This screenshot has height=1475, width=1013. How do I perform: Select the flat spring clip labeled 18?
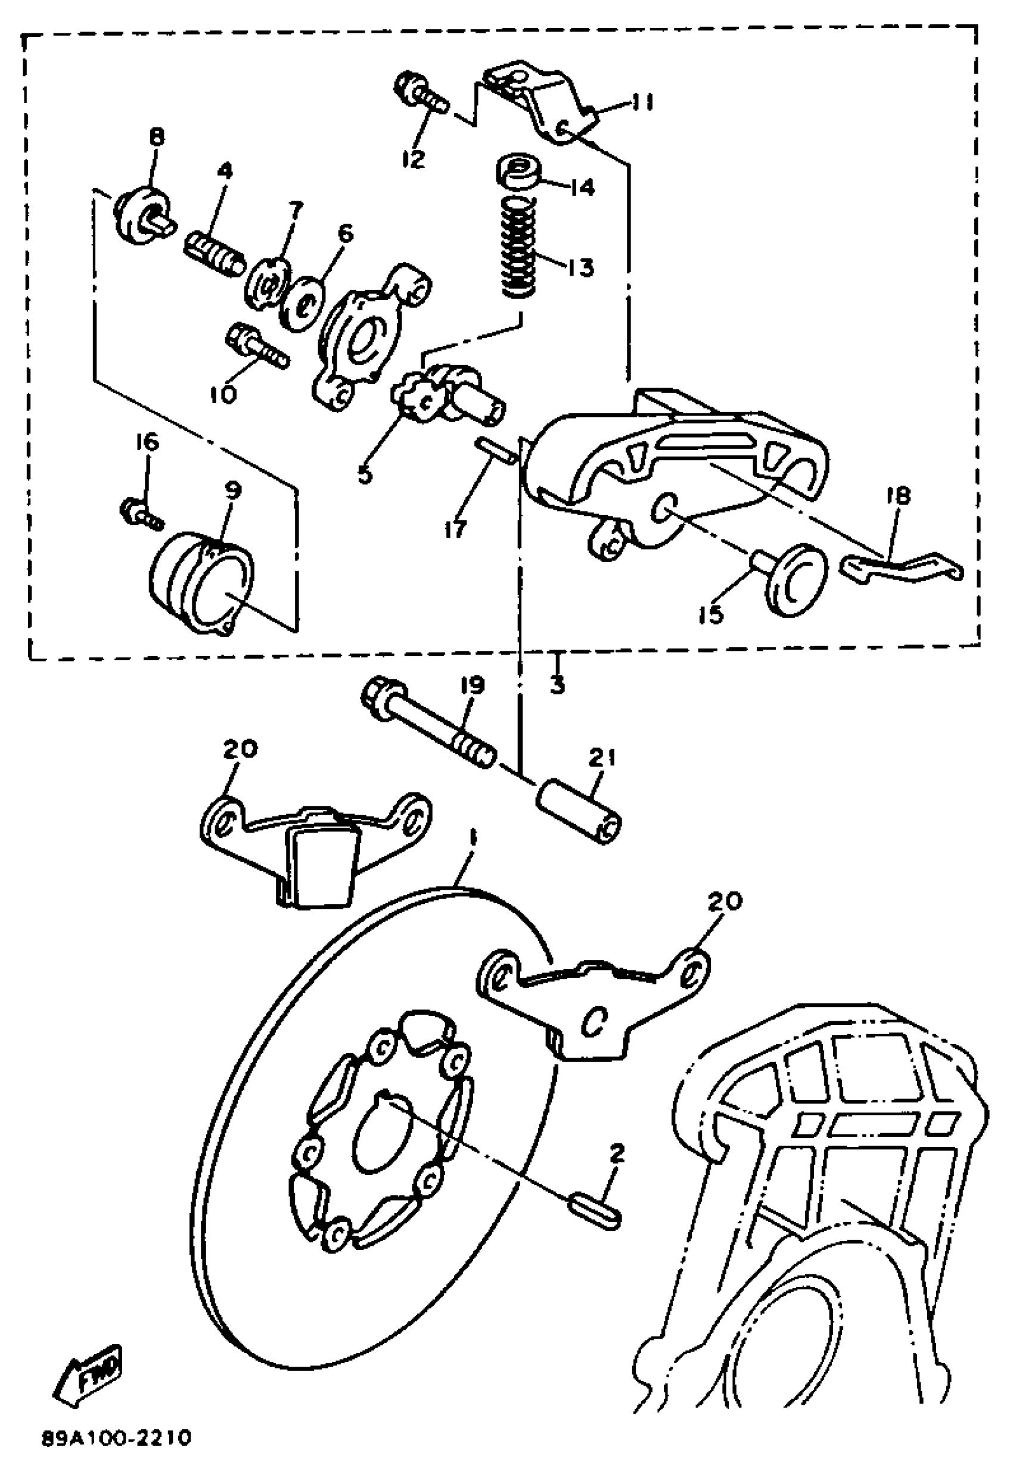tap(902, 566)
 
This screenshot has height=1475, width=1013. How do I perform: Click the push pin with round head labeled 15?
tap(794, 576)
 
